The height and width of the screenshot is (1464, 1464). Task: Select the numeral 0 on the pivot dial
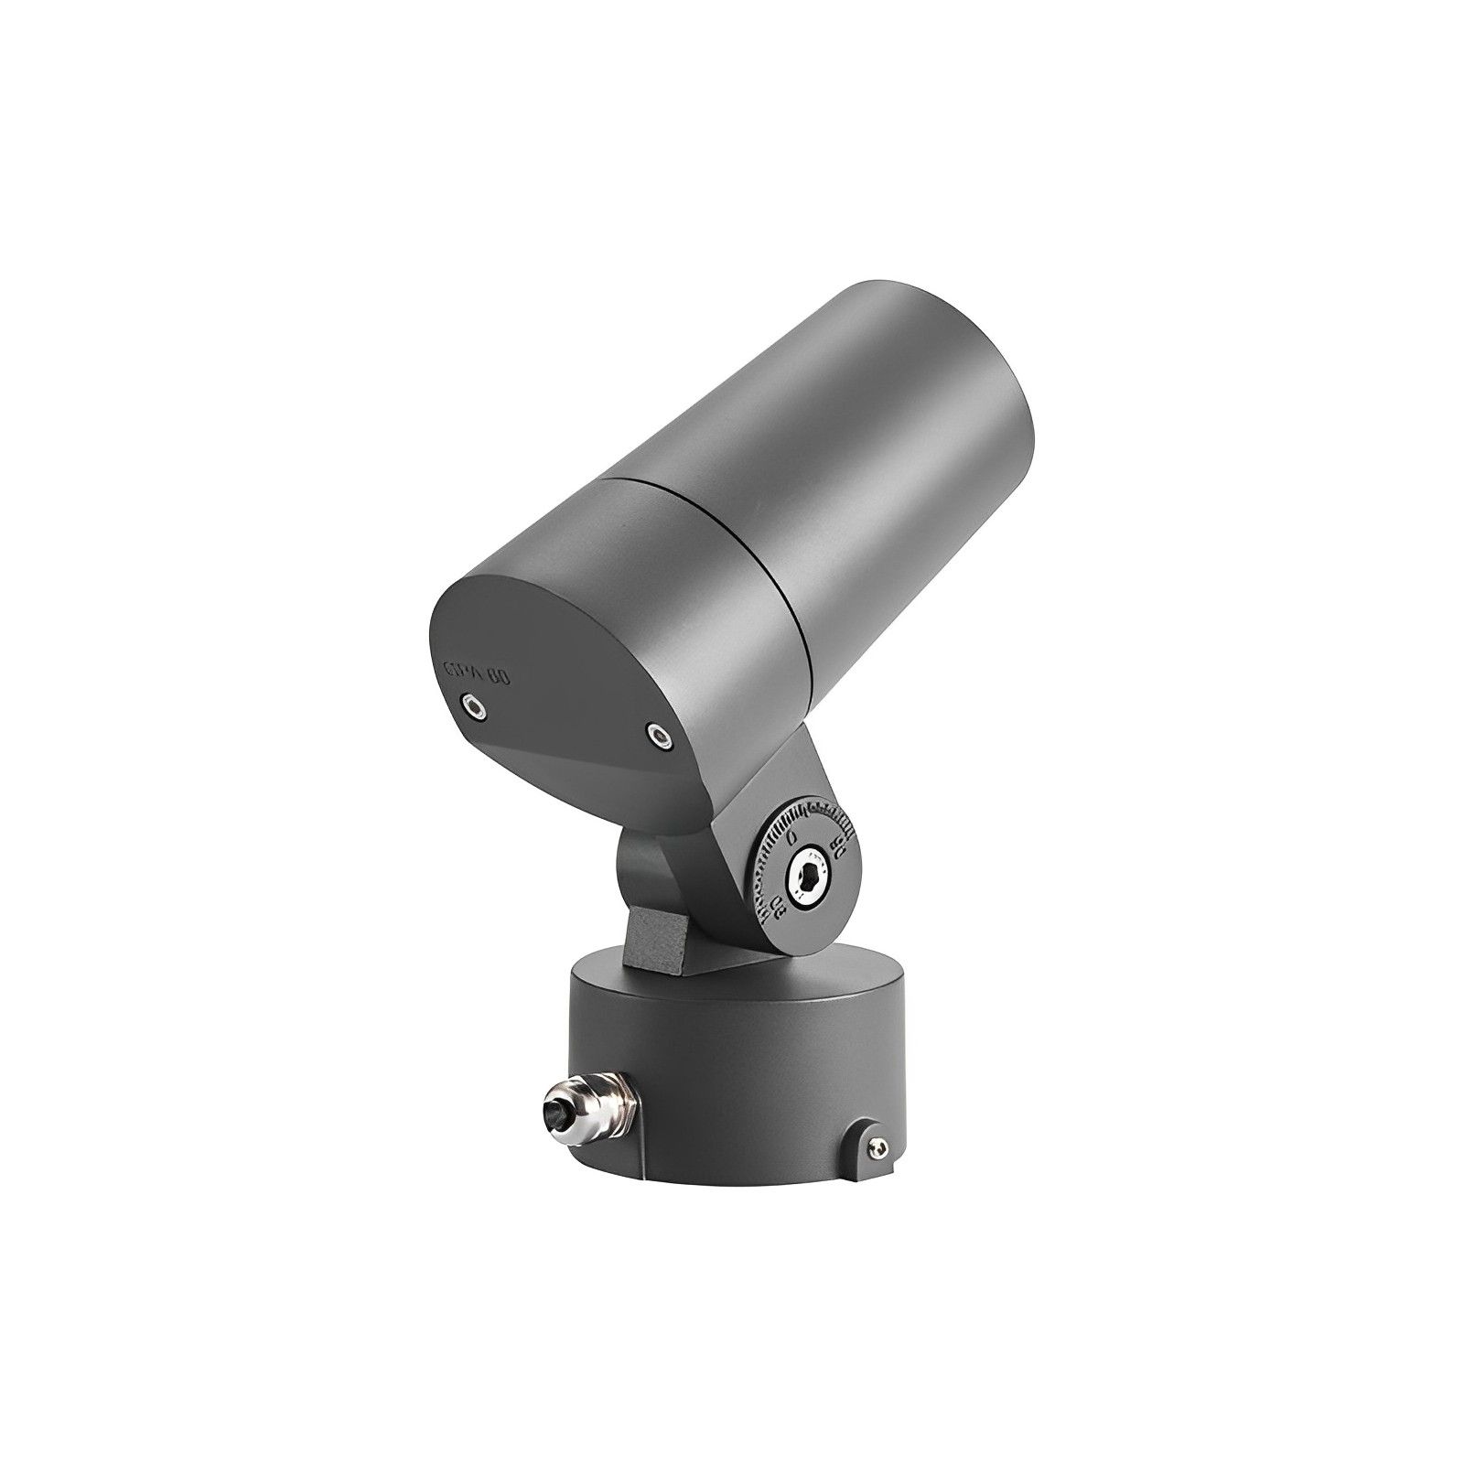coord(791,835)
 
